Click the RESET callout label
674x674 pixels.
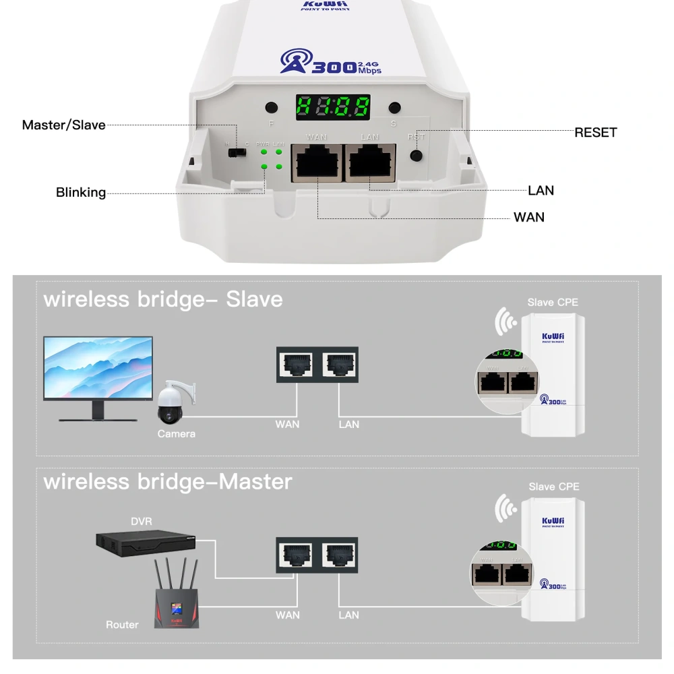[595, 133]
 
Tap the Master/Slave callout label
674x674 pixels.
[64, 125]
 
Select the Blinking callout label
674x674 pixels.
[81, 193]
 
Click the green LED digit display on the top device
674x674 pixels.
[334, 106]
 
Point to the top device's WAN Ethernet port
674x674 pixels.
[317, 163]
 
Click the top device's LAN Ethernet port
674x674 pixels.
[370, 163]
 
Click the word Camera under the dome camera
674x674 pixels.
[177, 434]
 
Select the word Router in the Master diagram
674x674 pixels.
[122, 625]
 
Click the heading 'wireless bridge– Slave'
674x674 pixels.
[163, 299]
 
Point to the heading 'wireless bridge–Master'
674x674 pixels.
[168, 482]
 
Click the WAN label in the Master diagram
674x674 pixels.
[288, 615]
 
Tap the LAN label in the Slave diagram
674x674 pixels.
[348, 424]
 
